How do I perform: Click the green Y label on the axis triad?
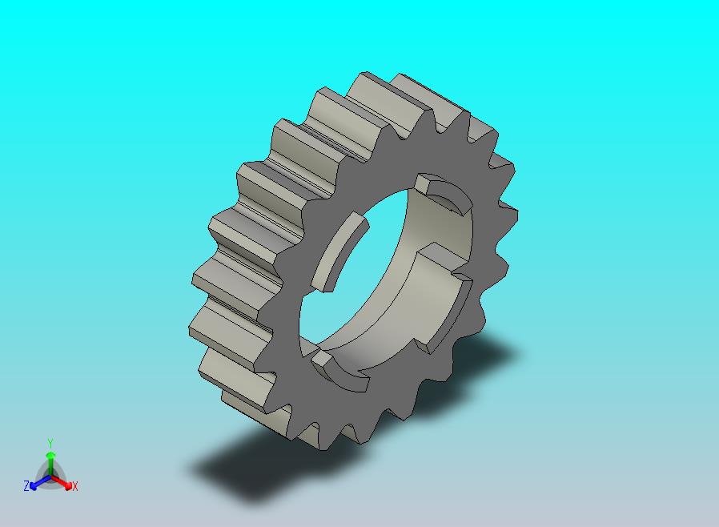click(x=50, y=443)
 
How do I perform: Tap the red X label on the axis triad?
click(x=74, y=486)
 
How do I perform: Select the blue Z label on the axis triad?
click(x=26, y=485)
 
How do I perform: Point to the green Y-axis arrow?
click(x=50, y=463)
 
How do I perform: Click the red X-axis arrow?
click(x=62, y=482)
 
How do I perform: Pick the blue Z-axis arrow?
click(x=40, y=482)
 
